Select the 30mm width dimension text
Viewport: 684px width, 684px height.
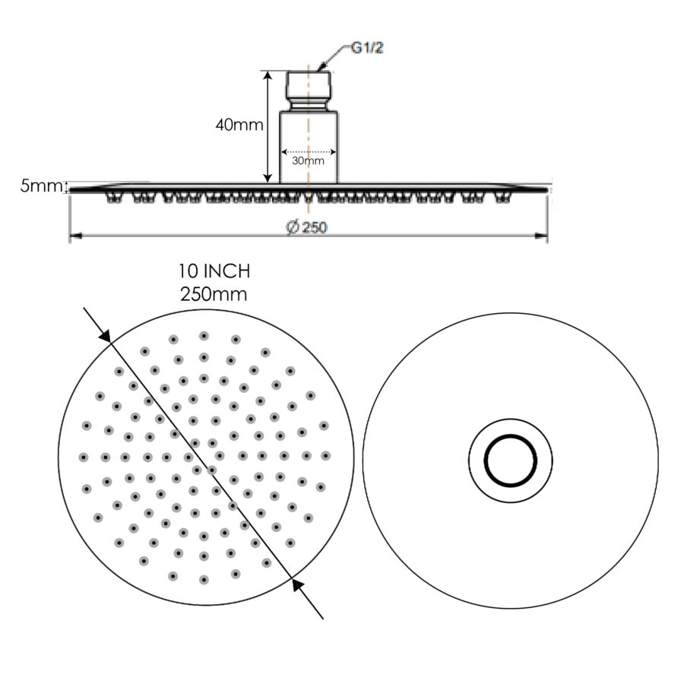click(x=308, y=160)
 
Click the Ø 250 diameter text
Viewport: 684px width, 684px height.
click(x=307, y=227)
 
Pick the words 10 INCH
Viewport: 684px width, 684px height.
click(x=214, y=271)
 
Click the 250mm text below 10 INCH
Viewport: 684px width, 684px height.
click(x=214, y=294)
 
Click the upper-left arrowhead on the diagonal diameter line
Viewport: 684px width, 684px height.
click(x=106, y=335)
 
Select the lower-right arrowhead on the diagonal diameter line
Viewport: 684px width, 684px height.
click(x=298, y=584)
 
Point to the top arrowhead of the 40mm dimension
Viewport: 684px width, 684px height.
click(x=268, y=76)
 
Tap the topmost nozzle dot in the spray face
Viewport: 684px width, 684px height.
click(x=204, y=336)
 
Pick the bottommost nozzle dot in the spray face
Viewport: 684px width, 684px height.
click(x=204, y=580)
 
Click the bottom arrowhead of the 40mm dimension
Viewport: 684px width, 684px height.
click(x=268, y=178)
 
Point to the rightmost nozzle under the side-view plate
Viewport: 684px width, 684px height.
click(x=501, y=199)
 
